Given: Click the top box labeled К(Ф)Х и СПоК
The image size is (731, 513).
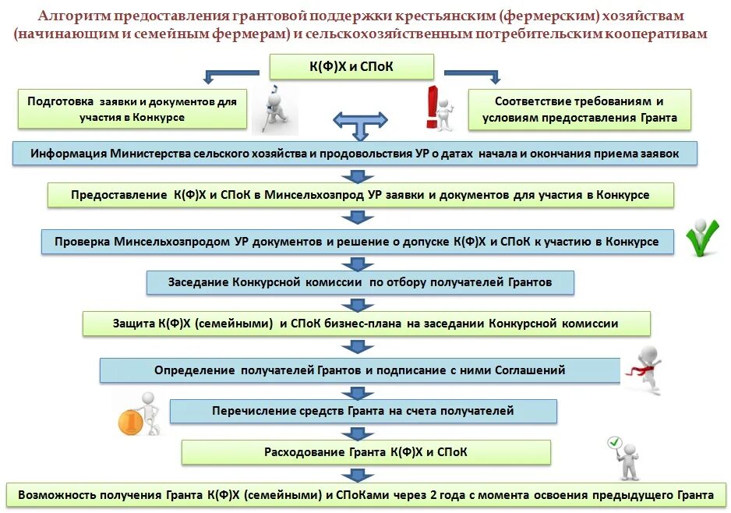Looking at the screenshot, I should pyautogui.click(x=351, y=67).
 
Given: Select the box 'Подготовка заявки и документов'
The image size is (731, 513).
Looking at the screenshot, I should pyautogui.click(x=132, y=109).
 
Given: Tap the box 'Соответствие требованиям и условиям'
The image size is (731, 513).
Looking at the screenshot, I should pyautogui.click(x=579, y=109).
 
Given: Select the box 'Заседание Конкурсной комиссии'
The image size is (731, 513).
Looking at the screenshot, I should pyautogui.click(x=360, y=281).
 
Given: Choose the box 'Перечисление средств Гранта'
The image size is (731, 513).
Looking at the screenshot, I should pyautogui.click(x=363, y=410).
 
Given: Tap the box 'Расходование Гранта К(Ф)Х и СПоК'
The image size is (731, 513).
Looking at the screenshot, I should pyautogui.click(x=365, y=451).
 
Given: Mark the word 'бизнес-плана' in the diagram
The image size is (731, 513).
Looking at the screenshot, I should pyautogui.click(x=404, y=323).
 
